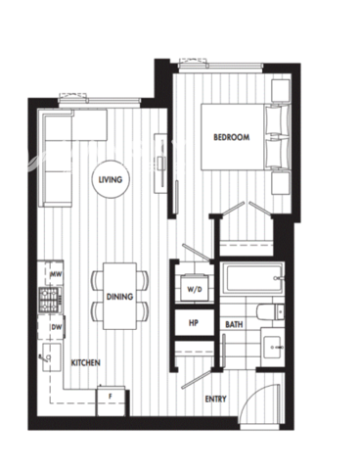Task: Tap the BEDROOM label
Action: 231,138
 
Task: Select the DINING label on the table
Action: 120,294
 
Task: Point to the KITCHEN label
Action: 85,362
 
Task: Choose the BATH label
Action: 234,323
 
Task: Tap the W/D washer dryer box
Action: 194,289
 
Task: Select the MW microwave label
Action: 56,275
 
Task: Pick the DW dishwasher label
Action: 56,327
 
